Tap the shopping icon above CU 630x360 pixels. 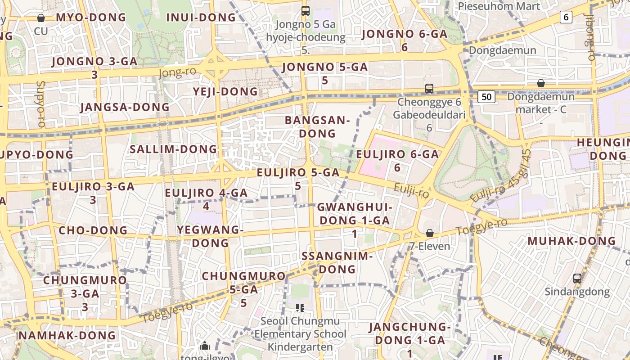tap(41, 18)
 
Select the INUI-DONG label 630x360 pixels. tap(201, 18)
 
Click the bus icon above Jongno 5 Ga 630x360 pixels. tap(306, 10)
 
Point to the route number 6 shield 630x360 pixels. tap(566, 18)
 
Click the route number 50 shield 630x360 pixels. tap(487, 97)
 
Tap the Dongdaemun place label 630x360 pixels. tap(502, 50)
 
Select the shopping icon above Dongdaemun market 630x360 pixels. tap(541, 83)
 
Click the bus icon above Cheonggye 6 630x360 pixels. tap(429, 89)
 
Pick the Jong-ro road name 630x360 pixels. tap(177, 72)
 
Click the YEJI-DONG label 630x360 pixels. tap(225, 92)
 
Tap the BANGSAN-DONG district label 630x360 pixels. tap(317, 127)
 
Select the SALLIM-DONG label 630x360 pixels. tap(173, 149)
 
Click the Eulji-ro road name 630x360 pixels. tap(411, 191)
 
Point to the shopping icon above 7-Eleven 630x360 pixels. tap(430, 233)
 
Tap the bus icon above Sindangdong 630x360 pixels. tap(577, 279)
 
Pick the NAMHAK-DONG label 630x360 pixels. tap(67, 335)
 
